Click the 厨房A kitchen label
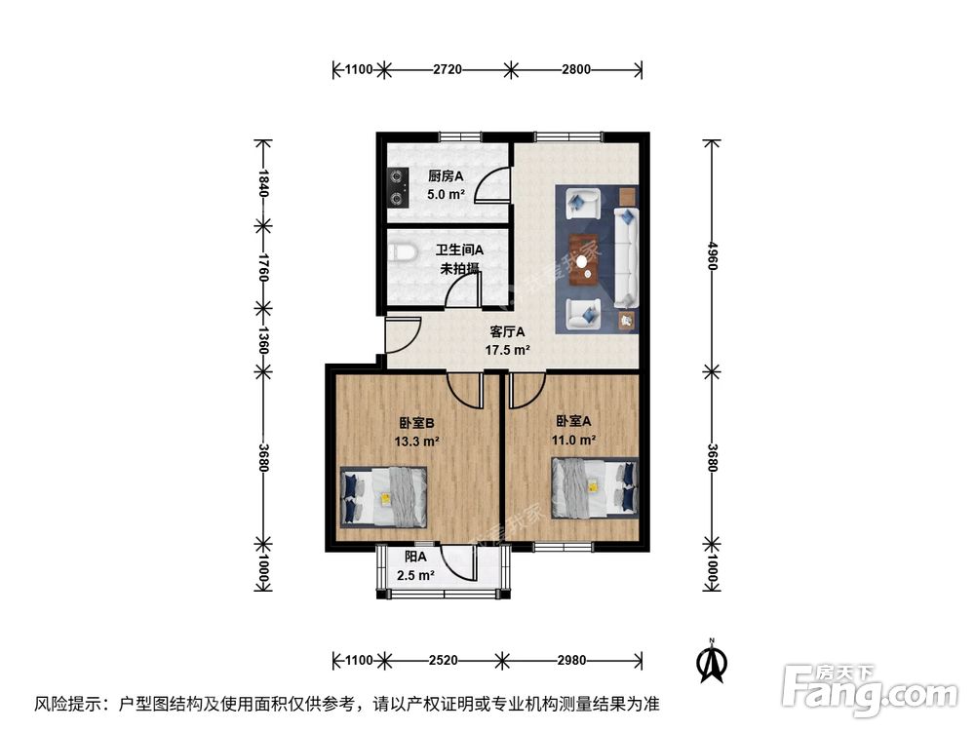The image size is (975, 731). (x=446, y=176)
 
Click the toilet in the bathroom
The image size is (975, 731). (x=401, y=254)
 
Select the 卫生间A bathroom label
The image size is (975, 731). (x=459, y=250)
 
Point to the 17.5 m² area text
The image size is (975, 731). (x=507, y=350)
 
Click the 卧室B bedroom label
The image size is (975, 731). (x=416, y=422)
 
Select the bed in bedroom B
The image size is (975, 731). (x=383, y=496)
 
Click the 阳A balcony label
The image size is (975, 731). (x=416, y=557)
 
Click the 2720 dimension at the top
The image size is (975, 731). (x=447, y=69)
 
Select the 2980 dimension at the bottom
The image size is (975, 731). (x=571, y=660)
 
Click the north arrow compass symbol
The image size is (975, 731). (x=713, y=662)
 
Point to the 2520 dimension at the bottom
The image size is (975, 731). (x=443, y=660)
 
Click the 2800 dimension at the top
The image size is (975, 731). (x=575, y=69)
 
